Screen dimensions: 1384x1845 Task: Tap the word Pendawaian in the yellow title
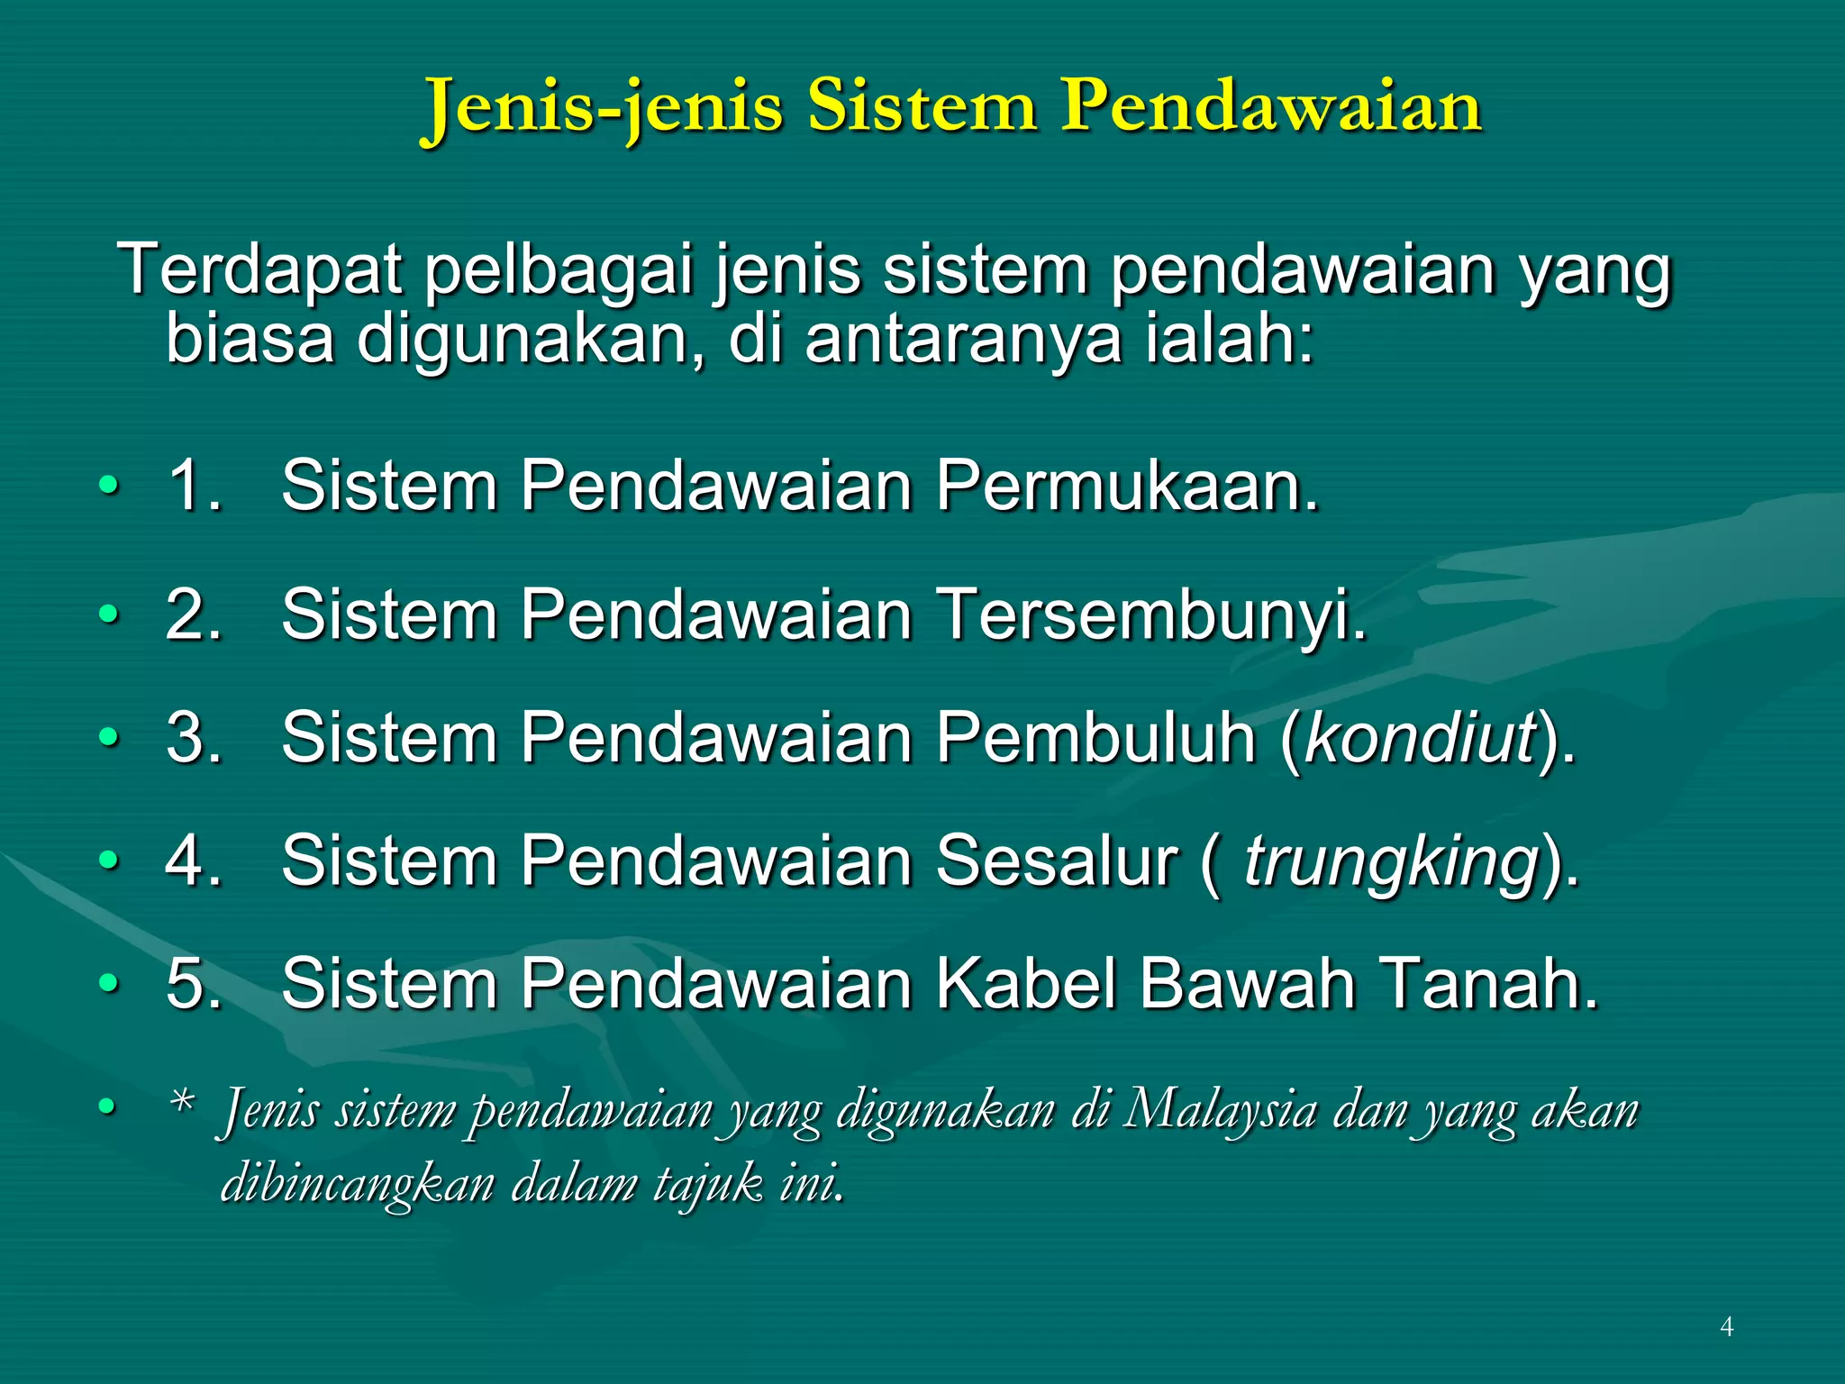pyautogui.click(x=1270, y=106)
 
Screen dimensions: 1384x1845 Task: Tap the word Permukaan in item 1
pyautogui.click(x=1126, y=486)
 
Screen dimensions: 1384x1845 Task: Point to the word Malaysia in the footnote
pyautogui.click(x=1221, y=1109)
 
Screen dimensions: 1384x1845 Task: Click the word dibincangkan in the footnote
pyautogui.click(x=357, y=1183)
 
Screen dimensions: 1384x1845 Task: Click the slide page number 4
pyautogui.click(x=1726, y=1326)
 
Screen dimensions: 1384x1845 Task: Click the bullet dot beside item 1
pyautogui.click(x=108, y=487)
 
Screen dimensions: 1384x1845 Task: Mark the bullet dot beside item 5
pyautogui.click(x=108, y=983)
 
